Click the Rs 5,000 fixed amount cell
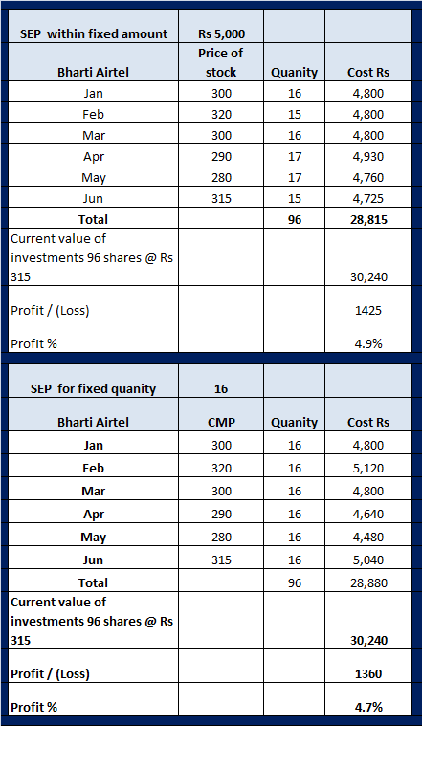[x=221, y=33]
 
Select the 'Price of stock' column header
[x=221, y=62]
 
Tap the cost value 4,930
[x=368, y=157]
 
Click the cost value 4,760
[x=368, y=178]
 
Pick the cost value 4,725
[x=368, y=199]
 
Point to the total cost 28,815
[x=368, y=220]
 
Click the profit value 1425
[x=368, y=311]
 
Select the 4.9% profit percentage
[x=368, y=343]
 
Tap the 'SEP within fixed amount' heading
[x=94, y=33]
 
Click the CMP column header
[x=221, y=422]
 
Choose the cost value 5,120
[x=368, y=469]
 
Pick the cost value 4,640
[x=368, y=515]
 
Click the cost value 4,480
[x=368, y=538]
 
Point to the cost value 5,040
[x=368, y=560]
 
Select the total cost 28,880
[x=368, y=583]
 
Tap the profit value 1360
[x=368, y=674]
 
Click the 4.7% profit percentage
[x=368, y=707]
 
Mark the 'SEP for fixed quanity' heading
[x=93, y=389]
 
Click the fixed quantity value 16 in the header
[x=221, y=389]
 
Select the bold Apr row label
[x=93, y=515]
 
